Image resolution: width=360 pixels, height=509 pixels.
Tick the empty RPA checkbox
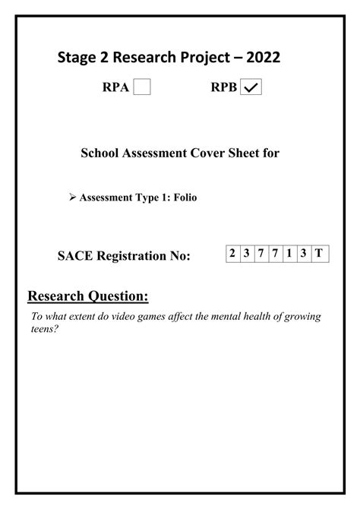(142, 88)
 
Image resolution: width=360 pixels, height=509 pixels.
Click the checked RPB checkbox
(251, 88)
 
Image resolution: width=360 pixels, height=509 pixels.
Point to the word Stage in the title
(77, 59)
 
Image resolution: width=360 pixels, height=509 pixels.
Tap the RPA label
(116, 88)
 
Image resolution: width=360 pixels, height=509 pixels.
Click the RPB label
(224, 88)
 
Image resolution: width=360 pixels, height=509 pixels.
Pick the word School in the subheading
(102, 153)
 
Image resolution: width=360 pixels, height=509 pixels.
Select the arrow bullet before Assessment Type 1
(72, 198)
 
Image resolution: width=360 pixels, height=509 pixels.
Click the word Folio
(185, 198)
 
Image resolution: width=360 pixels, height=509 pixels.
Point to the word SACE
(77, 257)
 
